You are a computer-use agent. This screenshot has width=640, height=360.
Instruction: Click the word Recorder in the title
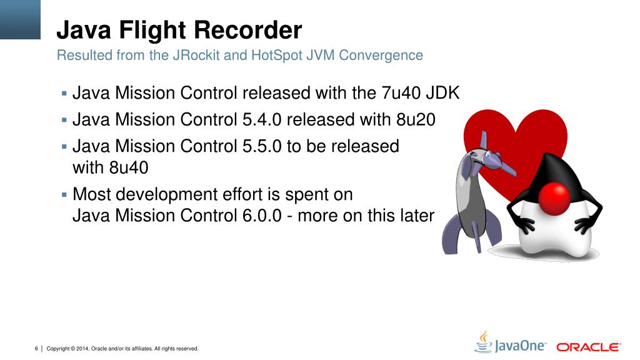coord(247,30)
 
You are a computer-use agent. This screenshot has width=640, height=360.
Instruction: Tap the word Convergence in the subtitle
coord(381,55)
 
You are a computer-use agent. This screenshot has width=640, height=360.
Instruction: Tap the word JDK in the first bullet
coord(443,93)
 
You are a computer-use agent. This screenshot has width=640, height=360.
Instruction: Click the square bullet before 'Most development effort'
coord(64,195)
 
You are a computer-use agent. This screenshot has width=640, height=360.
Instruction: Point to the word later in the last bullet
coord(417,216)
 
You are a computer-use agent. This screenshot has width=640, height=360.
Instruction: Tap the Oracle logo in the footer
coord(589,347)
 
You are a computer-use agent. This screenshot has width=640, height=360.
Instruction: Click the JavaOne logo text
coord(520,346)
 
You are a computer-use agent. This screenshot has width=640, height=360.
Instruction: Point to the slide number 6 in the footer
coord(36,349)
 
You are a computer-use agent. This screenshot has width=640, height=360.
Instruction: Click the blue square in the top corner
coord(20,19)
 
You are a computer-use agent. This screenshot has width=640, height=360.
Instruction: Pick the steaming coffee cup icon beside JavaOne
coord(484,342)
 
